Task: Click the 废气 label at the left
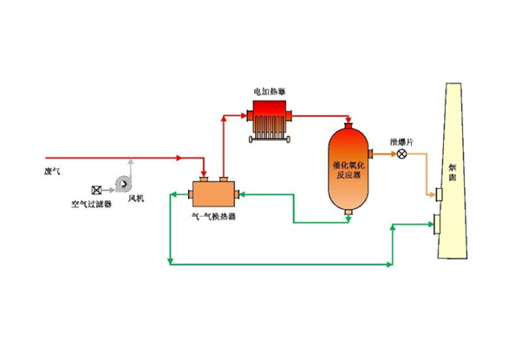[x=53, y=170]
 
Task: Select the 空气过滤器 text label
[x=91, y=206]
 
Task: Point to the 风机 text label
[x=136, y=199]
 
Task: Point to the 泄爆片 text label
[x=402, y=137]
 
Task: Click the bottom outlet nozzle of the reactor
[x=348, y=212]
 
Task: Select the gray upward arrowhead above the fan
[x=130, y=161]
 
